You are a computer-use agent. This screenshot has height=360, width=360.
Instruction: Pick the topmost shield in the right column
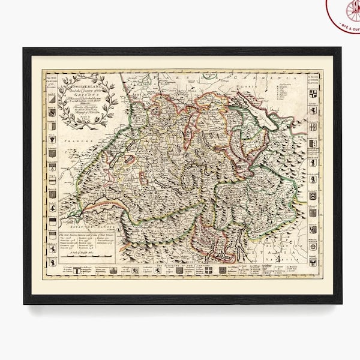[x=313, y=95]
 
